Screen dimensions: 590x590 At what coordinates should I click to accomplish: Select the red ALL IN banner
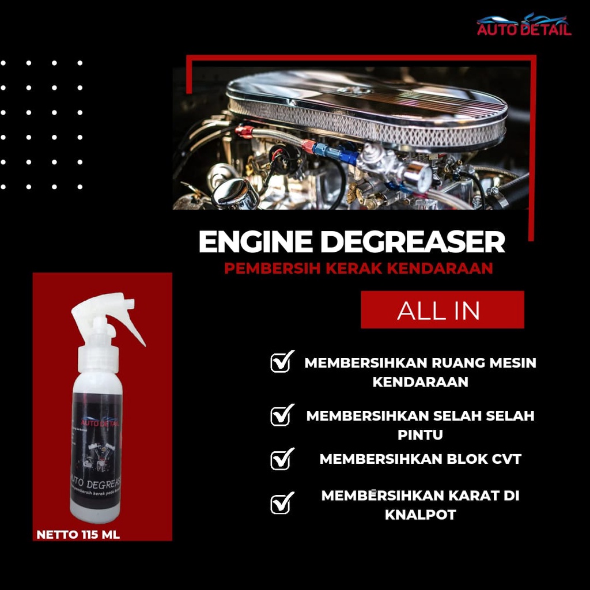pos(442,310)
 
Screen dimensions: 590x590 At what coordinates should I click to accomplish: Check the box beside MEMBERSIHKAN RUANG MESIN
pos(281,363)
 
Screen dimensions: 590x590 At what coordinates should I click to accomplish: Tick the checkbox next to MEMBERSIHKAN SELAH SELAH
pos(281,415)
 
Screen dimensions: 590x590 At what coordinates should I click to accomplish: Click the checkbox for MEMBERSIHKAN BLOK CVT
pos(281,459)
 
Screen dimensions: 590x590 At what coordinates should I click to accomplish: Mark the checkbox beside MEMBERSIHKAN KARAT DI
pos(281,503)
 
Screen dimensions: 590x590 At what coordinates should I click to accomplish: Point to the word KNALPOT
pos(420,515)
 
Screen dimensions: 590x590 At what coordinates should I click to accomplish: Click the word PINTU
pos(420,435)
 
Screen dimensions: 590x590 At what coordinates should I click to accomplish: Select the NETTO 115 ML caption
pos(78,535)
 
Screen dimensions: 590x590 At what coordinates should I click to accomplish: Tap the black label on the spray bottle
pos(97,449)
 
